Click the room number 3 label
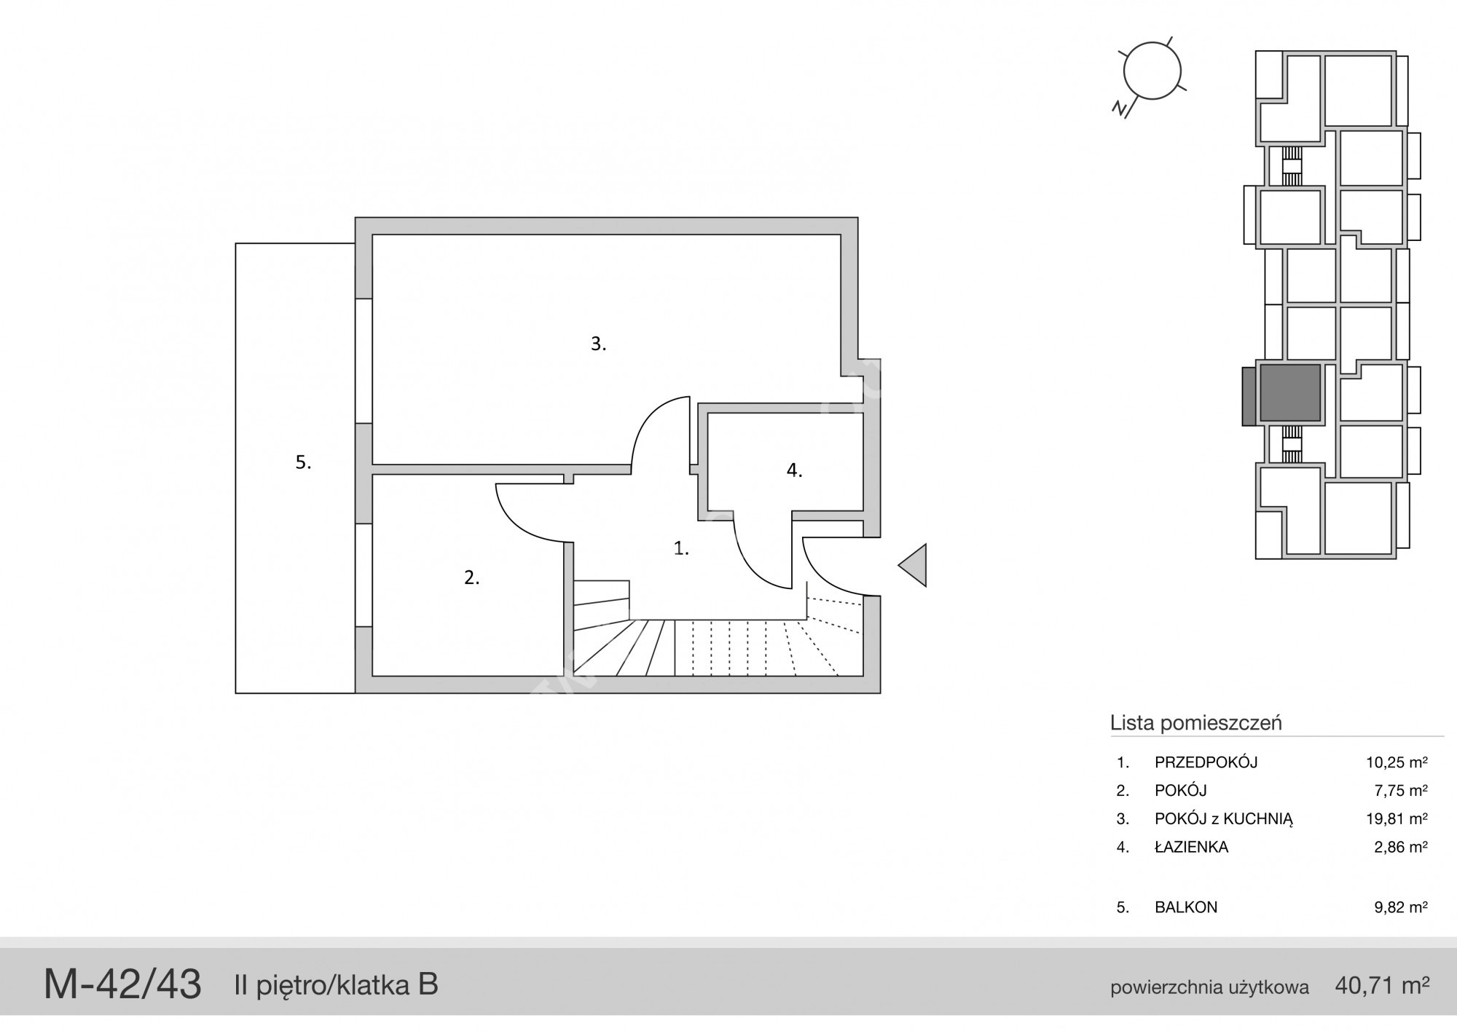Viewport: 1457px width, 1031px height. (x=598, y=344)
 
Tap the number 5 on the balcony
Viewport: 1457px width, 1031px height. (x=303, y=462)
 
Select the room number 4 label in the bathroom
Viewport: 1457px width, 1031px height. (x=794, y=470)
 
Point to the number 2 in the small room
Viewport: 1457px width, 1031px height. (x=472, y=577)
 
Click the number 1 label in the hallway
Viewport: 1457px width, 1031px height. (x=681, y=548)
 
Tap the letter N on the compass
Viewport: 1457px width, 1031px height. (x=1120, y=109)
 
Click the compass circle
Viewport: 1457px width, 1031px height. (x=1152, y=71)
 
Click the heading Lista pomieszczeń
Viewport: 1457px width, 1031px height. (x=1196, y=723)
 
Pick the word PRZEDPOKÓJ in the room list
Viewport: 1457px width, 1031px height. (x=1206, y=762)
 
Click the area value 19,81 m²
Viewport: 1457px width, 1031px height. (x=1397, y=818)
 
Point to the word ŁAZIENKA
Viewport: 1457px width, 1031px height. (x=1192, y=847)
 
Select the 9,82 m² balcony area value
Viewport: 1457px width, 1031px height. (x=1400, y=907)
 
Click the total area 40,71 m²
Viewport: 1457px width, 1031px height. (x=1382, y=986)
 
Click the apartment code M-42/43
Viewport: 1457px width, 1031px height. (x=122, y=984)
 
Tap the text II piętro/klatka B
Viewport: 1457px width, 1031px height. (x=336, y=985)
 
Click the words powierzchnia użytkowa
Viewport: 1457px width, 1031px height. (x=1209, y=988)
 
